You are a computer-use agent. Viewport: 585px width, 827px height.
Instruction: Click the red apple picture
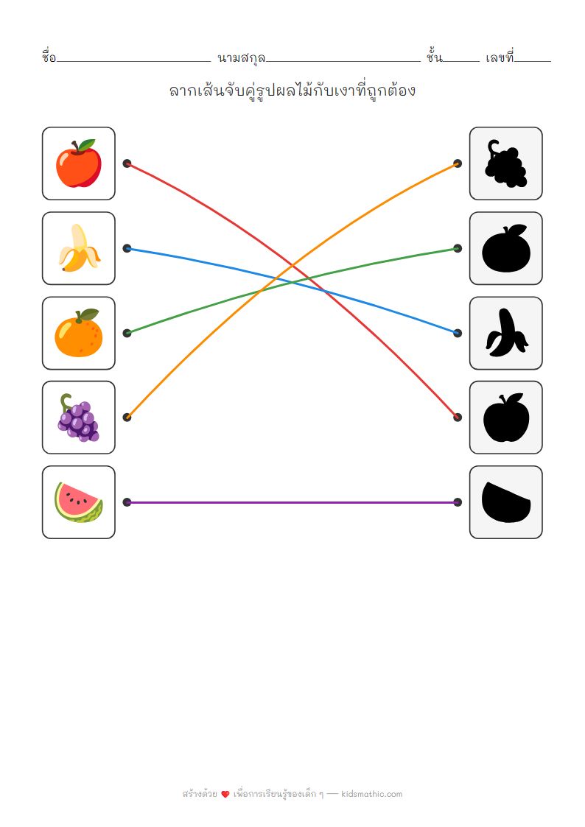[x=78, y=164]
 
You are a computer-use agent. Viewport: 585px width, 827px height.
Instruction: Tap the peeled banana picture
[x=78, y=248]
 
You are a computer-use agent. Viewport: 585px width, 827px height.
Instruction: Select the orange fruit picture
[x=78, y=334]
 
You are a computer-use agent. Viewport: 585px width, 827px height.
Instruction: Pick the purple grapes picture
[x=78, y=418]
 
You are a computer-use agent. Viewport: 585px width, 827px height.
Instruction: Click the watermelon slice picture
[x=78, y=502]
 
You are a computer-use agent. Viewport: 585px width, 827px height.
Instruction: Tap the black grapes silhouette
[x=505, y=163]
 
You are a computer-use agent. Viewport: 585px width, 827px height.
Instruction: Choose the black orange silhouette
[x=505, y=249]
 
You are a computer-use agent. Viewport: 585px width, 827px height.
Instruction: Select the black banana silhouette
[x=505, y=334]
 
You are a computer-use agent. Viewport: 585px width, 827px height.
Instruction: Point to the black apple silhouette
[x=505, y=418]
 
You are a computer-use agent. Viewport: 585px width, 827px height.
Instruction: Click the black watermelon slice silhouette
[x=505, y=502]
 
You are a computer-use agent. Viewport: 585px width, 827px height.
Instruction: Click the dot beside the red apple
[x=127, y=163]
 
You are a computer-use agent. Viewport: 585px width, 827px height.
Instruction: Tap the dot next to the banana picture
[x=127, y=248]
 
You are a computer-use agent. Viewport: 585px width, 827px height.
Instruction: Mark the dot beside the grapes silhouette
[x=458, y=163]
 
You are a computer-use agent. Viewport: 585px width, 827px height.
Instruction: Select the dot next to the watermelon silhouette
[x=458, y=502]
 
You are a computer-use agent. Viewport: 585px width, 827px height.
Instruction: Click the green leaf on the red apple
[x=87, y=144]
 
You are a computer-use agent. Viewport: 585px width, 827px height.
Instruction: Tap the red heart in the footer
[x=225, y=795]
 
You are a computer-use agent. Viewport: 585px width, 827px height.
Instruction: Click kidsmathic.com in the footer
[x=372, y=794]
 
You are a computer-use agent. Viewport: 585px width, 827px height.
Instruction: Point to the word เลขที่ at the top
[x=500, y=57]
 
